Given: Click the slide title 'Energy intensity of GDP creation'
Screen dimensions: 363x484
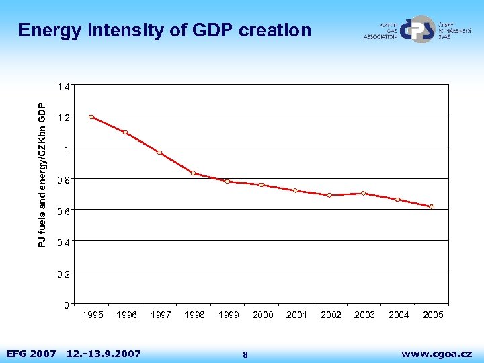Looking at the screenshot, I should click(x=165, y=30).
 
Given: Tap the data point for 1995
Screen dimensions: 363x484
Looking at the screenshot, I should click(x=91, y=117).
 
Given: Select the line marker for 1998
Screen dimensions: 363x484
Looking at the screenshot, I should click(x=193, y=173).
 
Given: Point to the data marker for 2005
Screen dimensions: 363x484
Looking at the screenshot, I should click(x=432, y=206).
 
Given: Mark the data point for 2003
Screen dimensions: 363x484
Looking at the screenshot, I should click(x=363, y=193).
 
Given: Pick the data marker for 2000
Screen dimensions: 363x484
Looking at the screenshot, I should click(x=261, y=185).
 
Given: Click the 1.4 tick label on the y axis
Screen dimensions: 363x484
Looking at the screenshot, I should click(x=63, y=87).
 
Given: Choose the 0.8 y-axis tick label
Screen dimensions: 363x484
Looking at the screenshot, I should click(x=63, y=180).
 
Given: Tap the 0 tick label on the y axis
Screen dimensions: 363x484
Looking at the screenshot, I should click(x=66, y=306).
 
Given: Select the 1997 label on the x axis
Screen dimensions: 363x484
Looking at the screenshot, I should click(x=160, y=315).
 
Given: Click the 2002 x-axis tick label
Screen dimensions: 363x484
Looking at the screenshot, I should click(x=330, y=315).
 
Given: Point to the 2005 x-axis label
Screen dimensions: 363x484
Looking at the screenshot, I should click(x=432, y=315).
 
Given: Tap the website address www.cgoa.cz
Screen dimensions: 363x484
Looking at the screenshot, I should click(x=436, y=353).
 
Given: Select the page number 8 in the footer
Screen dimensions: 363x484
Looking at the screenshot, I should click(x=245, y=354).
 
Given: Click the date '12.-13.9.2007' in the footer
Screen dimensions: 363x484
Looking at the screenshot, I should click(x=104, y=353).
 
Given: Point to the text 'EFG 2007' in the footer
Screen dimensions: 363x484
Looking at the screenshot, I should click(x=31, y=353).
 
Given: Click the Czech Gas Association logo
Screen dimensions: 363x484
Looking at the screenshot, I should click(x=417, y=30).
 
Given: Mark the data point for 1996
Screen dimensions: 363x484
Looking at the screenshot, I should click(x=125, y=132).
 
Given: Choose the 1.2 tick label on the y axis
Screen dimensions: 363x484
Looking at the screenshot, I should click(x=63, y=118).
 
